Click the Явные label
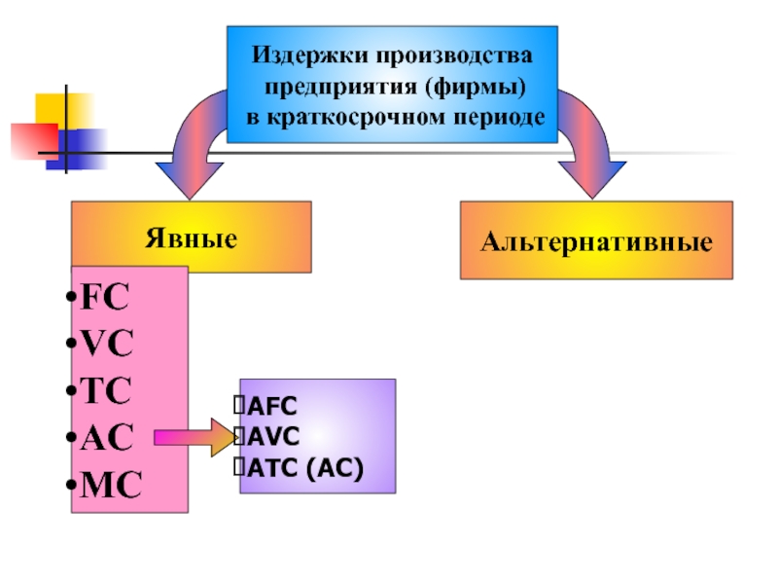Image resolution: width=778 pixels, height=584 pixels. coord(191,237)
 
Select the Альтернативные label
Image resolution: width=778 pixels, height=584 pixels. coord(596,240)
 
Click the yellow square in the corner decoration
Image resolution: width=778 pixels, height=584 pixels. coord(62,109)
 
